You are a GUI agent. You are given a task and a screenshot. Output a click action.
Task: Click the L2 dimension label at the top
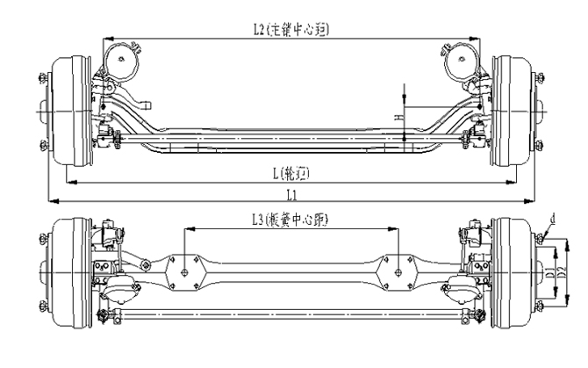(x=290, y=29)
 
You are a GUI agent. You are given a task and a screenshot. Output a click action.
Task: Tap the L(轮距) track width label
(x=293, y=171)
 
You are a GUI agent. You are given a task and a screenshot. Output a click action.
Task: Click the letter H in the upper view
(x=397, y=115)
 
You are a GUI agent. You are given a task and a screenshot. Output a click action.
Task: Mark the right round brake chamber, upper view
(x=462, y=62)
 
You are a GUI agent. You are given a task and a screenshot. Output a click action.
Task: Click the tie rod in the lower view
(x=290, y=312)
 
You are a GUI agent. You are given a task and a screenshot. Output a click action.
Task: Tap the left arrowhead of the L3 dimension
(x=188, y=229)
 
